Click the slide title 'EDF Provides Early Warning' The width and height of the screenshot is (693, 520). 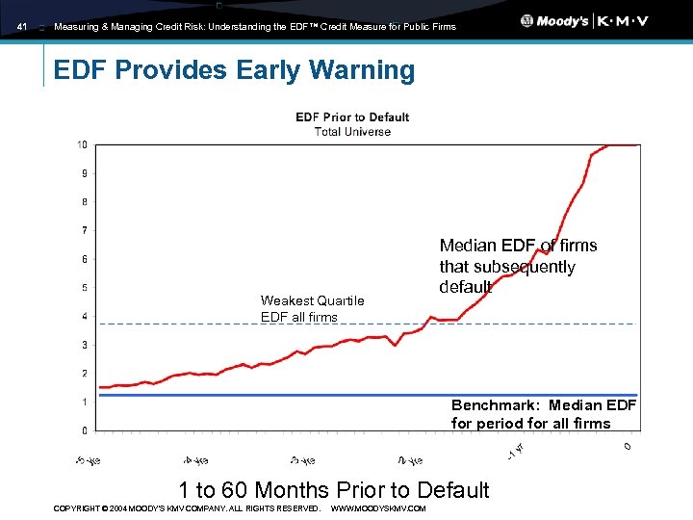pos(234,70)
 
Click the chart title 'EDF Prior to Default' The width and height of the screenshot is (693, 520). pos(352,117)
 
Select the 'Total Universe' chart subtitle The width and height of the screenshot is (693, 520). pos(352,131)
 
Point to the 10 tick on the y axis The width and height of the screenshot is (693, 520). pos(84,145)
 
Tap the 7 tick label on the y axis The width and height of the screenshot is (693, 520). pos(85,231)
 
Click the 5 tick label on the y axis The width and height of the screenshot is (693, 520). pos(85,288)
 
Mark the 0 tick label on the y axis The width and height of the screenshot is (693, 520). pos(85,430)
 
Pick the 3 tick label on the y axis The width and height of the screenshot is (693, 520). pos(85,345)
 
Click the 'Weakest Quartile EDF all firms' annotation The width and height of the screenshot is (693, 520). pos(312,309)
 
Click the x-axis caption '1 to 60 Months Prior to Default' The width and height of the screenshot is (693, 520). pos(333,490)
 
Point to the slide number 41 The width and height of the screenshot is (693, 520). pos(23,27)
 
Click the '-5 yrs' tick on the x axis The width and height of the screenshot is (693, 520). pos(89,457)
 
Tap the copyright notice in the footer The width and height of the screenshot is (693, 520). pos(187,507)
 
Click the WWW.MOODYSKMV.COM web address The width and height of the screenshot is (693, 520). pos(377,507)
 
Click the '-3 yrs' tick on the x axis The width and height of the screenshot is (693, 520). pos(302,457)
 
